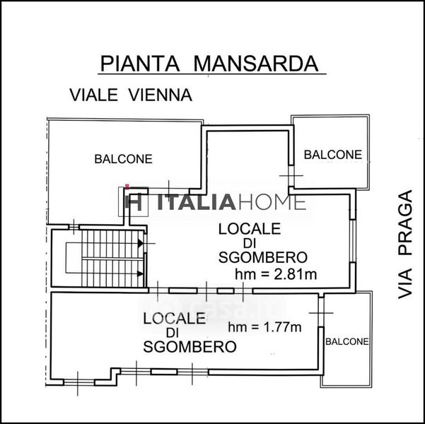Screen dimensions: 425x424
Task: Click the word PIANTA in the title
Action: click(x=140, y=64)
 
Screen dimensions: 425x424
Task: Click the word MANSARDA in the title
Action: click(x=256, y=64)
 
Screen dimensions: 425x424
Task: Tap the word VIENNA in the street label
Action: click(x=160, y=95)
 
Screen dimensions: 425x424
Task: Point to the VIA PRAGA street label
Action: click(x=405, y=245)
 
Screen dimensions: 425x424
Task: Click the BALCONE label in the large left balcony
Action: click(x=123, y=159)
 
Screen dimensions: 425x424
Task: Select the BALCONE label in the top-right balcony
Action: click(x=333, y=155)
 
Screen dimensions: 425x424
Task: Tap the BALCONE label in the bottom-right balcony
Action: click(x=347, y=341)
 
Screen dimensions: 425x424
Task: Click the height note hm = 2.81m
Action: click(x=276, y=274)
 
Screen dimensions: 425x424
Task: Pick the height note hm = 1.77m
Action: click(x=264, y=327)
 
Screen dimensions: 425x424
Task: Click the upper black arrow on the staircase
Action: click(x=140, y=243)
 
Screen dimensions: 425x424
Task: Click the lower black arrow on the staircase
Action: click(x=140, y=274)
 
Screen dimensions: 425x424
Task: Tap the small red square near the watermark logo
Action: click(x=127, y=186)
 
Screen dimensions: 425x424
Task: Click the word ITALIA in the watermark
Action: click(x=197, y=202)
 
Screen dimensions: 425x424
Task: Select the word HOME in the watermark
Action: click(x=271, y=202)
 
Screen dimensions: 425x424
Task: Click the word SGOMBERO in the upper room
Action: click(x=263, y=257)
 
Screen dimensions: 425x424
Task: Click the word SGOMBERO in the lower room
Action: click(x=190, y=346)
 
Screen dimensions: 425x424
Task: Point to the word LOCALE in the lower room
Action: click(x=174, y=319)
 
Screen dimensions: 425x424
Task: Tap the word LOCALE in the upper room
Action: click(x=250, y=229)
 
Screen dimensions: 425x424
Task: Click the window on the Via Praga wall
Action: click(x=352, y=240)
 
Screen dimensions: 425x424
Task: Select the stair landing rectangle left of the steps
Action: click(x=74, y=258)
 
